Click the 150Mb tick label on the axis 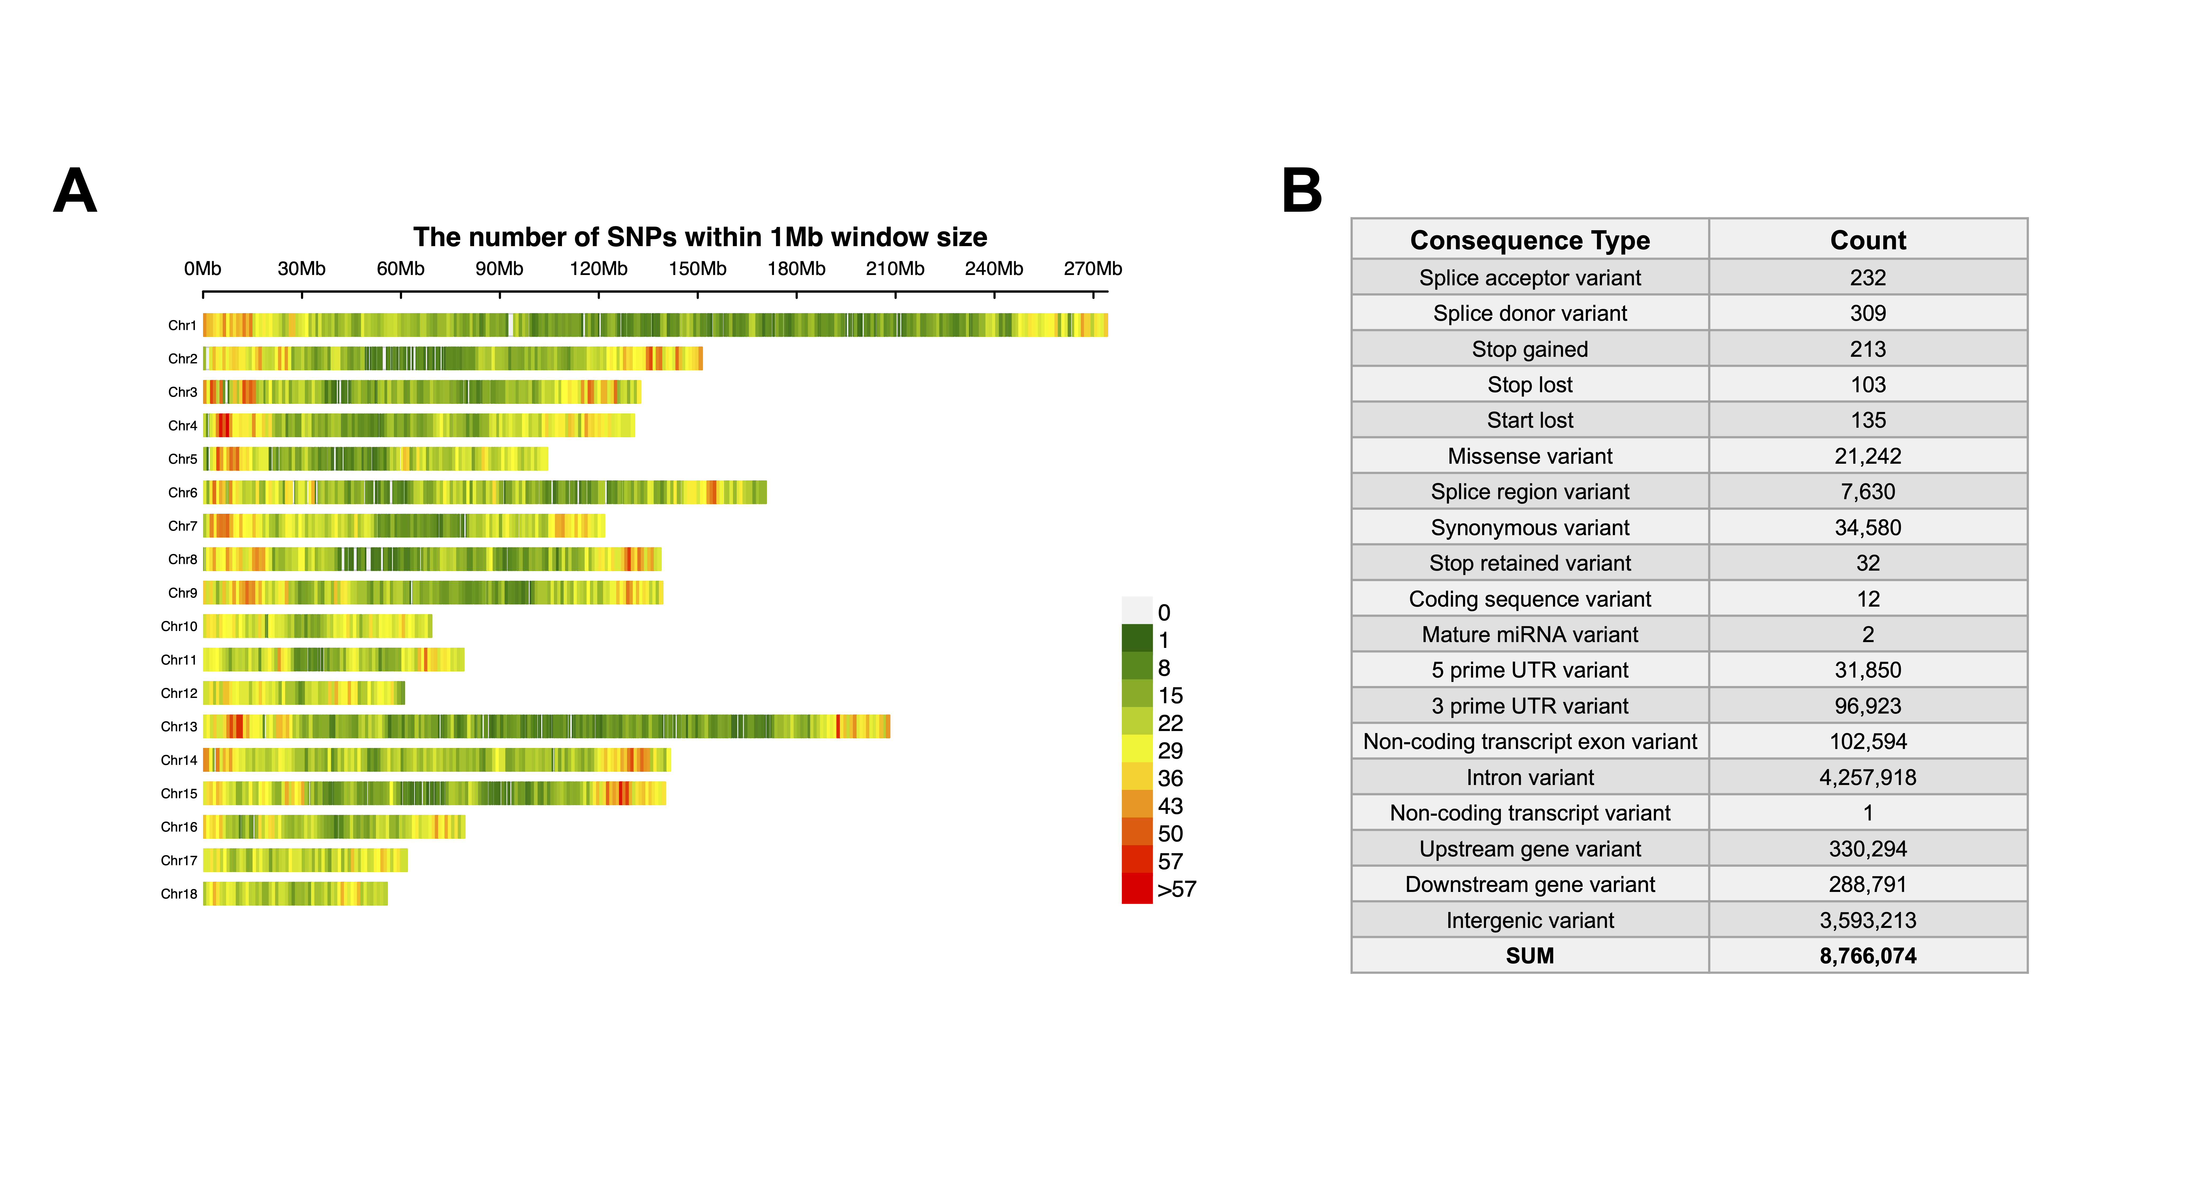pyautogui.click(x=697, y=268)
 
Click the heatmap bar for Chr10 pyautogui.click(x=318, y=626)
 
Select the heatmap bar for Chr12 pyautogui.click(x=304, y=693)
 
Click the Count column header pyautogui.click(x=1868, y=240)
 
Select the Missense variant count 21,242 pyautogui.click(x=1868, y=456)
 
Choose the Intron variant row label pyautogui.click(x=1530, y=777)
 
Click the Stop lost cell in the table pyautogui.click(x=1530, y=385)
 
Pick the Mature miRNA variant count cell pyautogui.click(x=1868, y=635)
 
